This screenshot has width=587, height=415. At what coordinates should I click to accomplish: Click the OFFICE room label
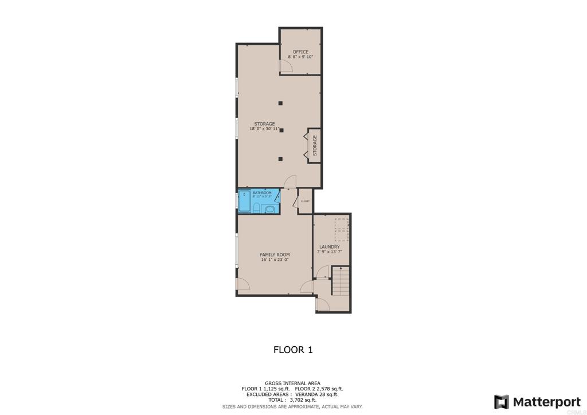pyautogui.click(x=300, y=52)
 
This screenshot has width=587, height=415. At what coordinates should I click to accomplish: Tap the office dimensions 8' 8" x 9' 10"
pyautogui.click(x=300, y=57)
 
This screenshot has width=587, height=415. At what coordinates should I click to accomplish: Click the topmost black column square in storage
pyautogui.click(x=280, y=103)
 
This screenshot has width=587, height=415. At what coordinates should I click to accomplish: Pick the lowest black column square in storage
pyautogui.click(x=280, y=159)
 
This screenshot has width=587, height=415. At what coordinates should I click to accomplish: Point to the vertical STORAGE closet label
pyautogui.click(x=315, y=146)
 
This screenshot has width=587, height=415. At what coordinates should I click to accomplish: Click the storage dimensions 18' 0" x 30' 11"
pyautogui.click(x=264, y=129)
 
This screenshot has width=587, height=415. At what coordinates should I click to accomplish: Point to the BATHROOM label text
pyautogui.click(x=262, y=193)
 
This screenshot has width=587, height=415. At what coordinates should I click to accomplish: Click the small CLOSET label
pyautogui.click(x=305, y=201)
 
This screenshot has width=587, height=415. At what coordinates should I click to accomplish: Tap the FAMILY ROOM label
pyautogui.click(x=275, y=255)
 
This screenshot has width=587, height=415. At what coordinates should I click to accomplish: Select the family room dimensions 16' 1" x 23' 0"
pyautogui.click(x=275, y=260)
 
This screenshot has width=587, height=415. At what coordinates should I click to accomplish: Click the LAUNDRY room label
pyautogui.click(x=330, y=247)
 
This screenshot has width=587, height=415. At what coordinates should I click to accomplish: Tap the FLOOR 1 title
pyautogui.click(x=293, y=350)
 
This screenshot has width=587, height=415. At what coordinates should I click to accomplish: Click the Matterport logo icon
pyautogui.click(x=502, y=401)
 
